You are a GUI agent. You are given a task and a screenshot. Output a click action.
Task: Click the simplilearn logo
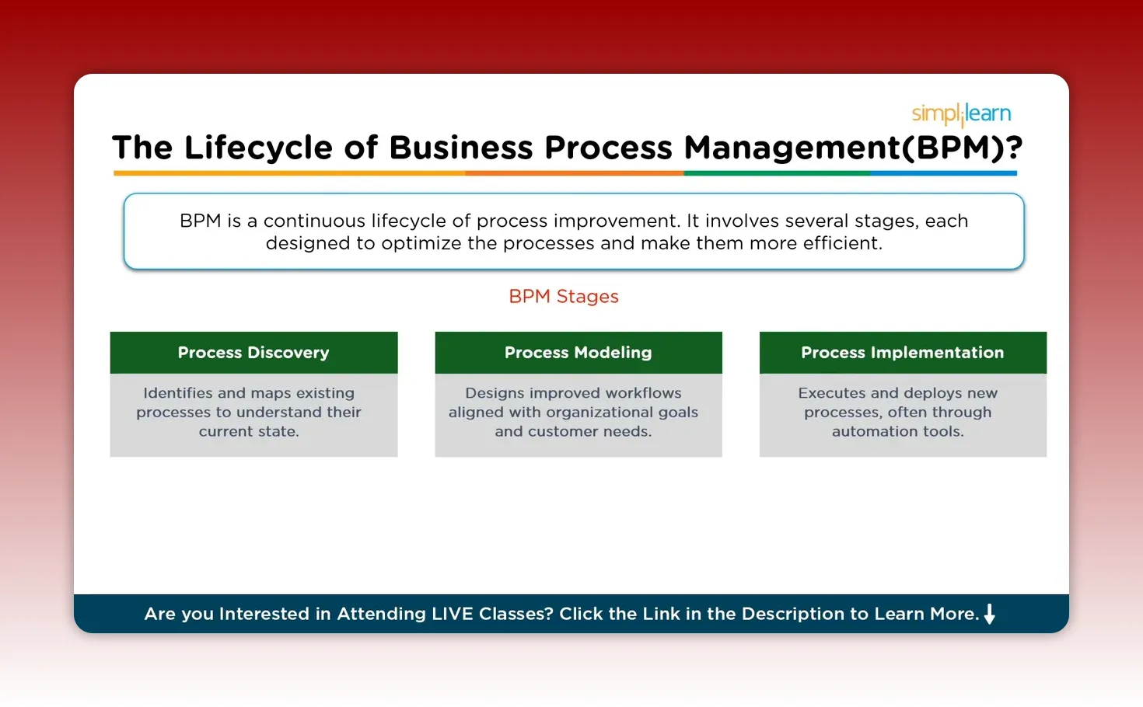[x=961, y=114]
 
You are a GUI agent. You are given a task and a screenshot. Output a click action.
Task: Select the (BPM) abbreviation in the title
[x=952, y=148]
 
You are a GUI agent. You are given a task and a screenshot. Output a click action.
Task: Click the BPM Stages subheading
[x=564, y=297]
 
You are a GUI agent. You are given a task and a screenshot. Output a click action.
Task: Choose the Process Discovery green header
[x=253, y=353]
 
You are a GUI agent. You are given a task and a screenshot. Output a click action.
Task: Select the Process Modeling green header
[x=578, y=353]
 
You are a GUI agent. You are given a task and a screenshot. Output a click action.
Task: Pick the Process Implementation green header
[x=902, y=353]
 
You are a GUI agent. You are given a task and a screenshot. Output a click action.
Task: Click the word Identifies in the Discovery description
[x=178, y=393]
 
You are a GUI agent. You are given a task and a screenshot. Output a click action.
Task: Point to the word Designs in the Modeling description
[x=495, y=393]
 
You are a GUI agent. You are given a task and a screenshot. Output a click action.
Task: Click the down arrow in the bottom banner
[x=990, y=614]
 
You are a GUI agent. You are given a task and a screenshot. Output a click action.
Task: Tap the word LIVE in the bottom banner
[x=453, y=614]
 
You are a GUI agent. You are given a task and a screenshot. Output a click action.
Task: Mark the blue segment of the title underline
[x=942, y=173]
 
